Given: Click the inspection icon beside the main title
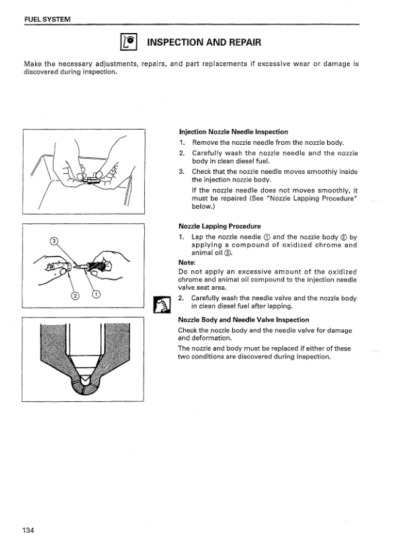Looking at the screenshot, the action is click(x=128, y=42).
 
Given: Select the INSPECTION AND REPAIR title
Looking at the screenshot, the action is click(x=204, y=42).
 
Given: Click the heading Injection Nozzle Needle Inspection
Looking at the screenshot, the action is click(x=233, y=132).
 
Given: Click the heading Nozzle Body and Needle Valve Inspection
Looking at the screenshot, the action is click(x=244, y=320).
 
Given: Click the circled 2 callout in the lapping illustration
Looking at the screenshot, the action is click(x=75, y=294).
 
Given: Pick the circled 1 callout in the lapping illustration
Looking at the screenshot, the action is click(x=96, y=294).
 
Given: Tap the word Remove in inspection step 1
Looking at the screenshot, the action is click(x=205, y=142).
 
